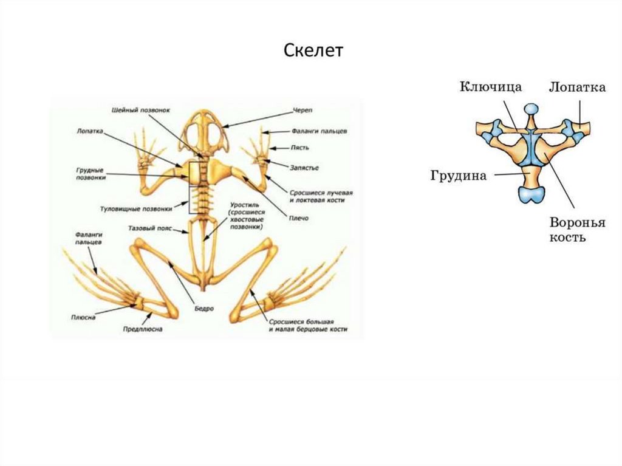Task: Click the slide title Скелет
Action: (x=313, y=50)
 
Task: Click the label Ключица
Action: (x=490, y=87)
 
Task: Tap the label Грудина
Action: (x=459, y=176)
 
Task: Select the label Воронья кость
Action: (x=577, y=230)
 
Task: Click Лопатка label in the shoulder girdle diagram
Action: (x=577, y=87)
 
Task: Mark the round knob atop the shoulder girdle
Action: (x=531, y=109)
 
